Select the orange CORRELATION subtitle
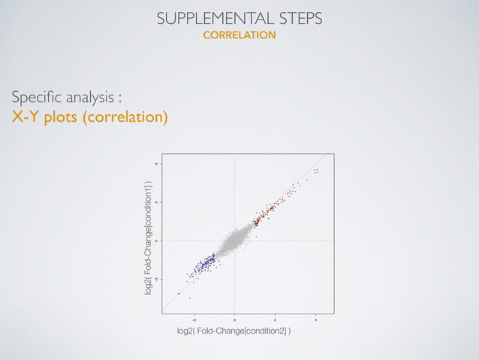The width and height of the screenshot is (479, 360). (239, 35)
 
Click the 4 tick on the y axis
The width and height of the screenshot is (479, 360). (157, 163)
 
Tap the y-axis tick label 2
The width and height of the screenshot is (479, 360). (157, 201)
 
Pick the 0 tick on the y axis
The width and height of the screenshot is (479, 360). (157, 241)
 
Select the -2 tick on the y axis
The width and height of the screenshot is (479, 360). (157, 279)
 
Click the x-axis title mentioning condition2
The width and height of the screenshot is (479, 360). (234, 331)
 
